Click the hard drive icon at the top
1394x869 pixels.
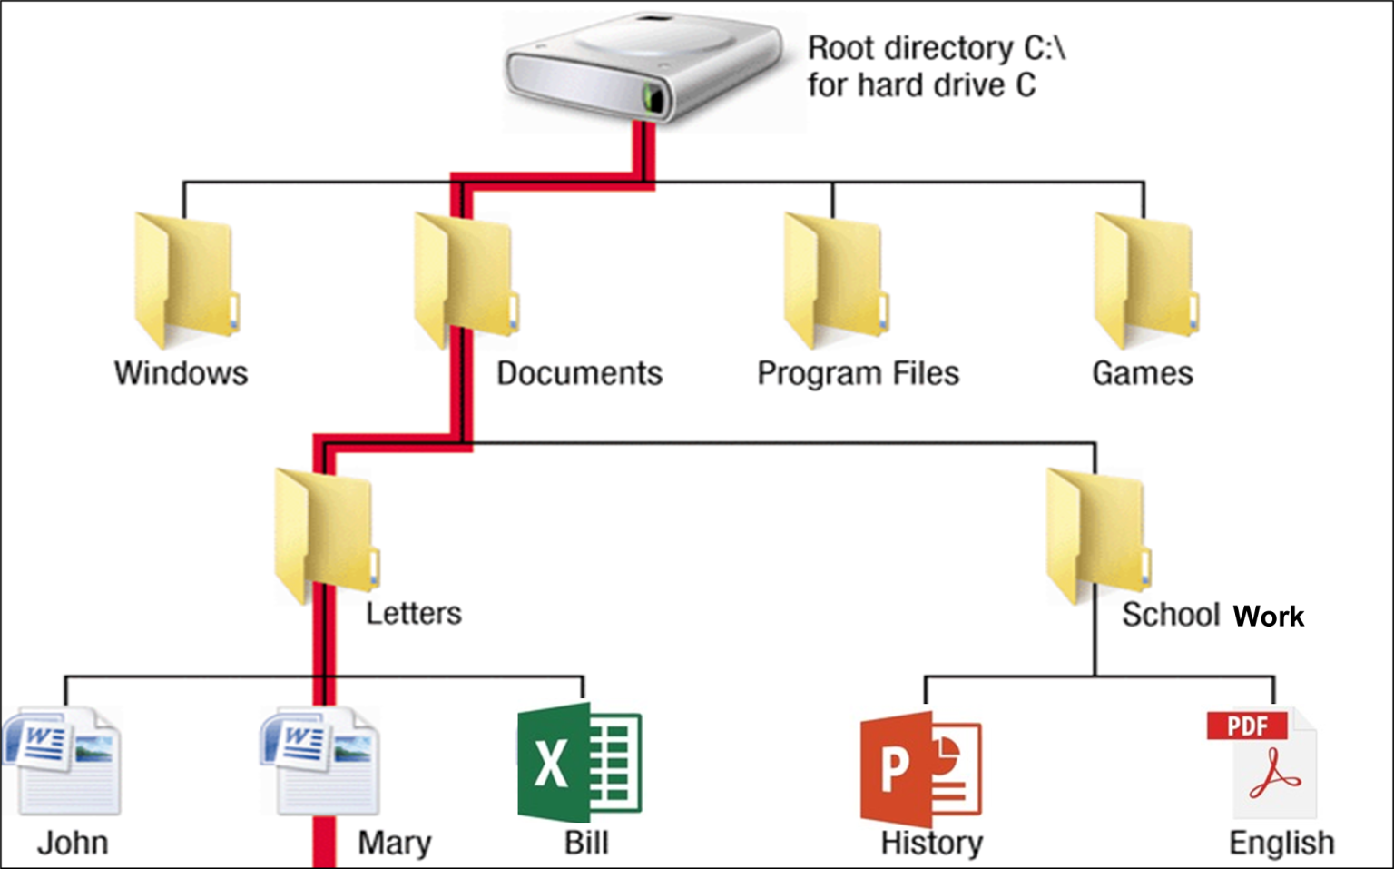643,68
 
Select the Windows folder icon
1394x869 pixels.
186,280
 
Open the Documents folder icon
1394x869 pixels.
466,280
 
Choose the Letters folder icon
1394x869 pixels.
326,536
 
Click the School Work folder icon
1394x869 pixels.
1097,536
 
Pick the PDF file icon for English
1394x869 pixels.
1262,763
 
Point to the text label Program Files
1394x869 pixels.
858,373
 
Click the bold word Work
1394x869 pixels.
1268,617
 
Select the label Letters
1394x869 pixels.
413,613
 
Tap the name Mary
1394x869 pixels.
394,843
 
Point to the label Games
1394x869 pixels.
1142,373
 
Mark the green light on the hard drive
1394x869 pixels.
652,96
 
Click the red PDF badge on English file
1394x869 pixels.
1247,726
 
